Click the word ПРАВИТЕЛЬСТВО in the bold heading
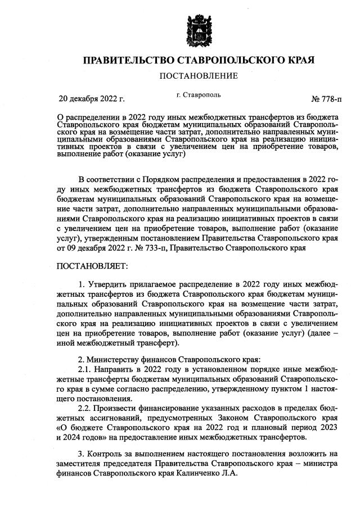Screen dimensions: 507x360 [x=126, y=60]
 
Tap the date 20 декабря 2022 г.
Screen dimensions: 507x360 [x=92, y=99]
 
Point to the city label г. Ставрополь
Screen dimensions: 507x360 [x=198, y=96]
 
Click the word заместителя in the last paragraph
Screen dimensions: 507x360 [x=83, y=464]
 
